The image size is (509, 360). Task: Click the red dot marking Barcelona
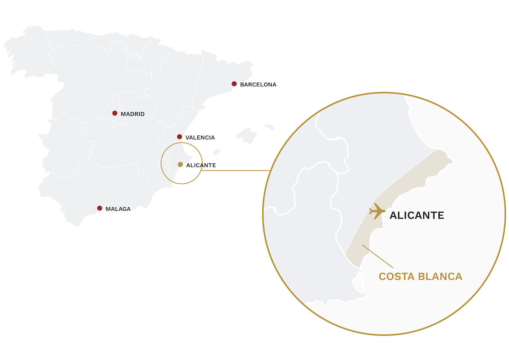click(234, 84)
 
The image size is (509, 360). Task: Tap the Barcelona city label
click(258, 85)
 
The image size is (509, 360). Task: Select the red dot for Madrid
click(115, 113)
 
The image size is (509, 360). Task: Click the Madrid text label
click(132, 114)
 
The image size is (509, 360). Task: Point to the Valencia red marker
click(179, 137)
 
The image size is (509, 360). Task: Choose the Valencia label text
click(200, 137)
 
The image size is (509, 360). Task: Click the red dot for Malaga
click(100, 208)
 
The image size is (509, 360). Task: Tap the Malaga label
click(118, 209)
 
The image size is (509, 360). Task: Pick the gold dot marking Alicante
click(180, 165)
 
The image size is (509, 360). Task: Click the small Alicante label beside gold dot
click(201, 165)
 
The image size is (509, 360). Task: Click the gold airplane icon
click(377, 211)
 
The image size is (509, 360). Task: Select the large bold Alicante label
click(417, 215)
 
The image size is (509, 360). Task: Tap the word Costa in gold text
click(397, 277)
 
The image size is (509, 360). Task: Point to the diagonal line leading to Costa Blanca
click(377, 256)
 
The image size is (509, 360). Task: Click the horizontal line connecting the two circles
click(235, 170)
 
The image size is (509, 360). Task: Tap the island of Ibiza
click(216, 152)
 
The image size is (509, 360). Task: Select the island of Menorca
click(269, 127)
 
